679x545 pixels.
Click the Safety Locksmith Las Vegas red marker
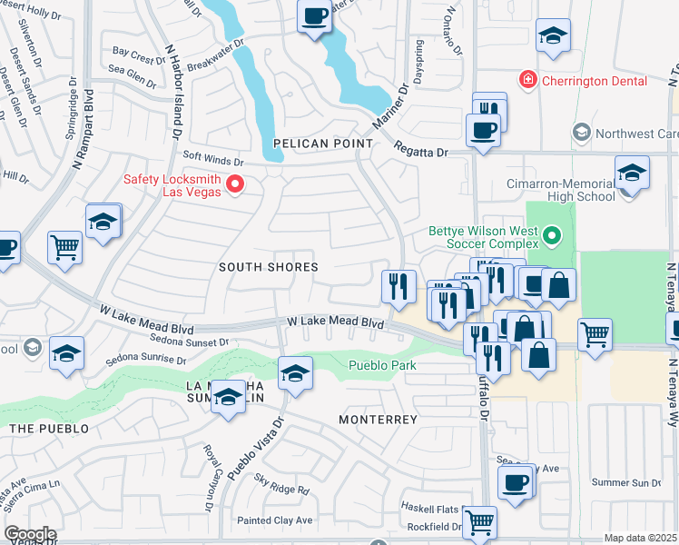coord(235,184)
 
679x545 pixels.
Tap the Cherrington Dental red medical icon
coord(527,81)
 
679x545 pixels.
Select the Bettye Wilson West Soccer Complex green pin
coord(550,239)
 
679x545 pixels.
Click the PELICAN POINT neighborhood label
coord(323,144)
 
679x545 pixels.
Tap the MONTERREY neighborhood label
coord(378,420)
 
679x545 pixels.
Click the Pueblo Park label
coord(381,366)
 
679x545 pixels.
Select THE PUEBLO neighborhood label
coord(49,428)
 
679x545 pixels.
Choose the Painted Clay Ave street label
coord(274,520)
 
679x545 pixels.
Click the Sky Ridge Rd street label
coord(281,490)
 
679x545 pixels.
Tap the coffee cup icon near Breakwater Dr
coord(314,16)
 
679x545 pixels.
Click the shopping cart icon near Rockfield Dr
coord(479,521)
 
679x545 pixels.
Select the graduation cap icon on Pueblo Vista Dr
coord(295,372)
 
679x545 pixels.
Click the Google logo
coord(30,534)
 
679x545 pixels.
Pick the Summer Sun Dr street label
coord(625,482)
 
